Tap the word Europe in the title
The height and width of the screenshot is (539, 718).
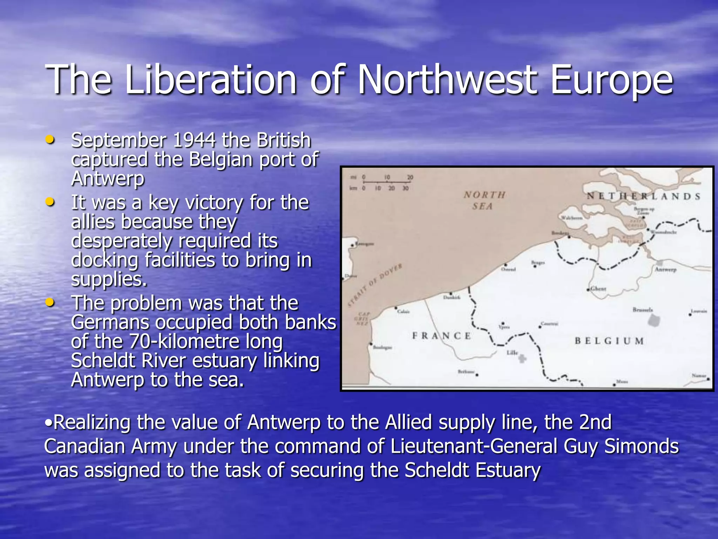pos(611,80)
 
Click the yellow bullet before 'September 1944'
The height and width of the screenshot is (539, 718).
pos(50,140)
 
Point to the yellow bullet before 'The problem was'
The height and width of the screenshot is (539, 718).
pos(50,302)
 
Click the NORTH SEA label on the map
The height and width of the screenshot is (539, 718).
pos(484,200)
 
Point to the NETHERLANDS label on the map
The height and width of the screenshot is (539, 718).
pos(644,196)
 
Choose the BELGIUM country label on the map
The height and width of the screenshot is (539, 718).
pos(609,341)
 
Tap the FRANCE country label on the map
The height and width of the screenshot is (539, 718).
pos(441,336)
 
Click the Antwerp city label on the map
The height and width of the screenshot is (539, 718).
pos(665,269)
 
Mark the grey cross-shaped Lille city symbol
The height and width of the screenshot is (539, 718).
pos(522,359)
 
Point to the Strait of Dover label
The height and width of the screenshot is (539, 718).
pos(375,286)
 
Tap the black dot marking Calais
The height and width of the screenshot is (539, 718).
pos(397,308)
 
